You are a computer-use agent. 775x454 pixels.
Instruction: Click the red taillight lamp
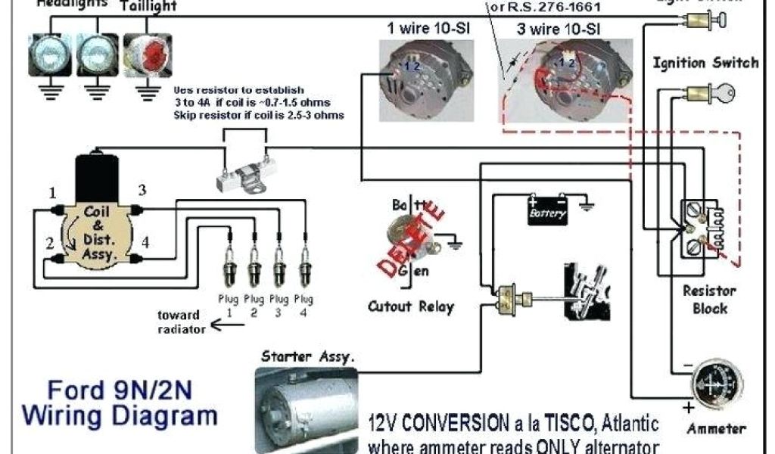click(x=145, y=54)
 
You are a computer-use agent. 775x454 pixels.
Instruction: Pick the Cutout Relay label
click(x=411, y=306)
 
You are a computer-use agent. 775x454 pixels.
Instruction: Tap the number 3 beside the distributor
click(x=142, y=189)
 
